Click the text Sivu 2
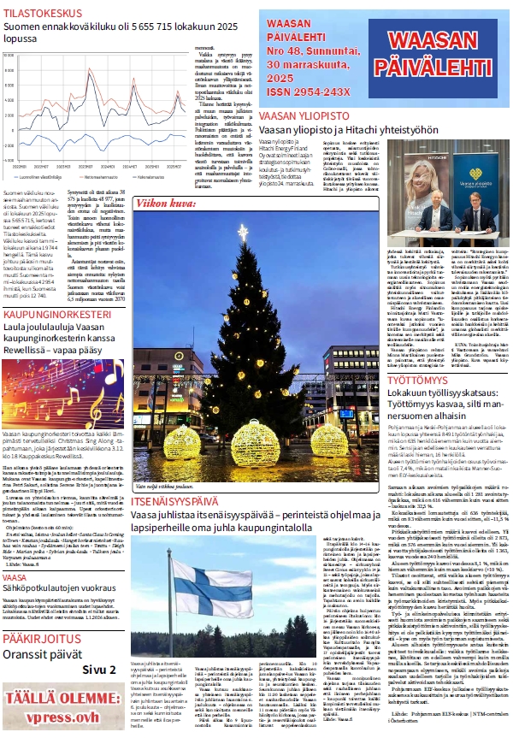click(101, 669)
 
